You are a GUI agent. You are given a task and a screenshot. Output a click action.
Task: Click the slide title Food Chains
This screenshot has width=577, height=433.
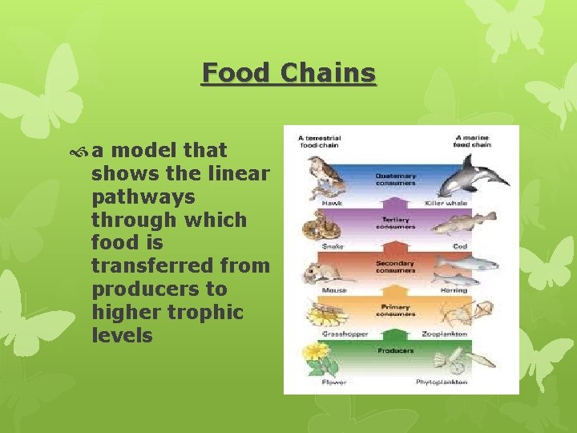[x=288, y=73]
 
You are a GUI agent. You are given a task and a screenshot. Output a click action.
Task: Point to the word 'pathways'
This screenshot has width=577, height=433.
[x=143, y=196]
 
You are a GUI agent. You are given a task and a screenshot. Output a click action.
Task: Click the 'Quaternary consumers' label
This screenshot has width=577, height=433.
[x=395, y=180]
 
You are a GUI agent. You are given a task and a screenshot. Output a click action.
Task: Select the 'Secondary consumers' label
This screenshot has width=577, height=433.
[x=395, y=266]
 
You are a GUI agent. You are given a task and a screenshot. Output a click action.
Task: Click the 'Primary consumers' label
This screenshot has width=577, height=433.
[x=395, y=310]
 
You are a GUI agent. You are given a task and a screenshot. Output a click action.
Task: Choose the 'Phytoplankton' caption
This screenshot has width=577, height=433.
[x=442, y=382]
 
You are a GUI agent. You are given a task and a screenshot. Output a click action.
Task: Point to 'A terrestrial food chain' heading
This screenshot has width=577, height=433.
[x=320, y=141]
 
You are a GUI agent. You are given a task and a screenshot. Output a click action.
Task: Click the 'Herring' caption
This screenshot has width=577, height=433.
[x=453, y=289]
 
